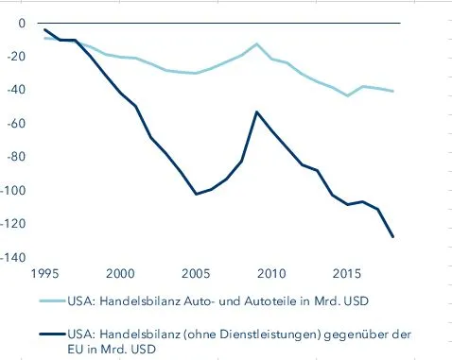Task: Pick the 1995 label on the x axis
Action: pos(44,273)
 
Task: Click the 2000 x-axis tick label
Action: pos(119,273)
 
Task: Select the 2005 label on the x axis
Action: pos(195,273)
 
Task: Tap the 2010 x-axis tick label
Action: pos(270,273)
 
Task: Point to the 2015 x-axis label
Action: pos(346,273)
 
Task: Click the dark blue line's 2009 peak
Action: pos(255,111)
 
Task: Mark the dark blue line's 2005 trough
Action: pos(195,194)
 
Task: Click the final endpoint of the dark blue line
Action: pos(393,236)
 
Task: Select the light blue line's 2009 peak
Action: pos(256,43)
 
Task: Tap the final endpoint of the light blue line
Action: pos(393,91)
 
